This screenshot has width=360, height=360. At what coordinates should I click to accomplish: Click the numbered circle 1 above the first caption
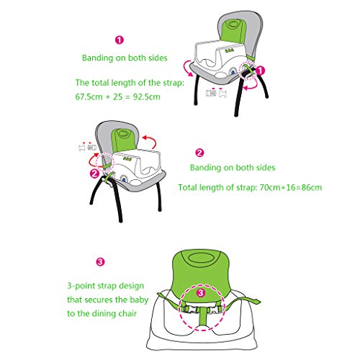[x=120, y=40]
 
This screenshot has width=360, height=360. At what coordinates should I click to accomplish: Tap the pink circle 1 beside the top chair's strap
[x=260, y=71]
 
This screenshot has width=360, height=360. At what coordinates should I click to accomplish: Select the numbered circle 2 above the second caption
[x=199, y=153]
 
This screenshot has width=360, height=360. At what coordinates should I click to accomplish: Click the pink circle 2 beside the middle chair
[x=95, y=174]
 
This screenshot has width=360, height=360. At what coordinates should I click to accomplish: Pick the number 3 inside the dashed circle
[x=201, y=292]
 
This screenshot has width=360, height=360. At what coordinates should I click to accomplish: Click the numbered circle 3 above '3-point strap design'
[x=100, y=261]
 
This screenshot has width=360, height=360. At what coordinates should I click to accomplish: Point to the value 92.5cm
[x=146, y=97]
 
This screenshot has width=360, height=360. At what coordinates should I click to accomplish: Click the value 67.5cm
[x=89, y=97]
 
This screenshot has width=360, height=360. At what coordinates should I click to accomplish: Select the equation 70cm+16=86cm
[x=291, y=187]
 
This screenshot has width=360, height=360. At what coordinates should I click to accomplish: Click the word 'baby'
[x=139, y=300]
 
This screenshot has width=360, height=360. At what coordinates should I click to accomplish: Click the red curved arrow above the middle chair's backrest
[x=150, y=141]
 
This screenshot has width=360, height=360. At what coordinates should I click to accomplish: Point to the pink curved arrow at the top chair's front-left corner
[x=186, y=68]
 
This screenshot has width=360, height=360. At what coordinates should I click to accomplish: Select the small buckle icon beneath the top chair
[x=216, y=93]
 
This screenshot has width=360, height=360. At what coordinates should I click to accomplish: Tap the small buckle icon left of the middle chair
[x=87, y=146]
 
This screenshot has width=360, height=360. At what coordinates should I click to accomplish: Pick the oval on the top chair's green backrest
[x=232, y=24]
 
